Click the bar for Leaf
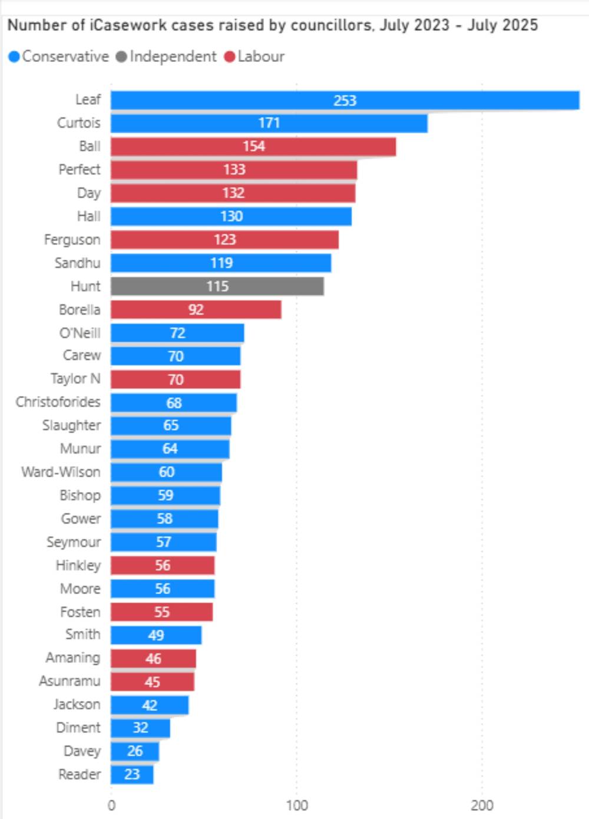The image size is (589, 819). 345,100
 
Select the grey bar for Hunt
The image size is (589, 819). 217,286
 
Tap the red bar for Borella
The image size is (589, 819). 196,310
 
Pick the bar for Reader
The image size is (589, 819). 132,774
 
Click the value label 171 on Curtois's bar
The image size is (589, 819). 269,123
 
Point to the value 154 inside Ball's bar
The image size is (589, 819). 254,146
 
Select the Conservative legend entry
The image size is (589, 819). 59,57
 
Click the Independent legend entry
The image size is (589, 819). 166,57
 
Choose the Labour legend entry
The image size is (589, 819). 254,57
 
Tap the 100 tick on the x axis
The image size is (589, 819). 297,805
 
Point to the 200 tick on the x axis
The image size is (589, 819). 482,805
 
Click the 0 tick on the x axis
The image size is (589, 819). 111,805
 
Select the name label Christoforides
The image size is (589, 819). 58,402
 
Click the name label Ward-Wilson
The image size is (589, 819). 61,472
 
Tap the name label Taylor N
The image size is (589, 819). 75,378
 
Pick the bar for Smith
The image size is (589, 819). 156,635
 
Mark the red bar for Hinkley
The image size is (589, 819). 163,566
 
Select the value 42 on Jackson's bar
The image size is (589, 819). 150,705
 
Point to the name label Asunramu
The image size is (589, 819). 70,681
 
